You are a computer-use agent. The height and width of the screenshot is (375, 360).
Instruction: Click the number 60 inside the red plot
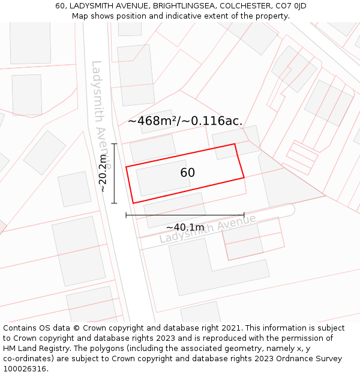click(x=187, y=173)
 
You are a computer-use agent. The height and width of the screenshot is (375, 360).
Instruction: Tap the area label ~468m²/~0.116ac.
click(x=185, y=121)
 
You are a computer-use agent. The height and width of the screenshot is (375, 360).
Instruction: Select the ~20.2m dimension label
click(x=103, y=174)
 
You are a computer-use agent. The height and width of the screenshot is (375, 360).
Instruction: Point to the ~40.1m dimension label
click(x=185, y=227)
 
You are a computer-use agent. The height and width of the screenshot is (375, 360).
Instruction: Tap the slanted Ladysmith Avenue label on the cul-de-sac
click(x=208, y=229)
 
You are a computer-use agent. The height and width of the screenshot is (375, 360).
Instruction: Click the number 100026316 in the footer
click(x=25, y=368)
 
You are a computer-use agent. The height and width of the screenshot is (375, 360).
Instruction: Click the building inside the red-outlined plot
click(x=163, y=177)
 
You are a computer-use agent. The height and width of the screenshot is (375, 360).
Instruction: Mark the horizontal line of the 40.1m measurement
click(x=185, y=214)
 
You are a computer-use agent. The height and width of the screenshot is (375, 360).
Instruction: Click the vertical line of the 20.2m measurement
click(x=114, y=173)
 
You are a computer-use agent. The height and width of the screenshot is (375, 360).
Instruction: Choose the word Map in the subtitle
click(x=80, y=16)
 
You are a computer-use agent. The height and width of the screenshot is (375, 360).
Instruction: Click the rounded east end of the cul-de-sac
click(x=290, y=209)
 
